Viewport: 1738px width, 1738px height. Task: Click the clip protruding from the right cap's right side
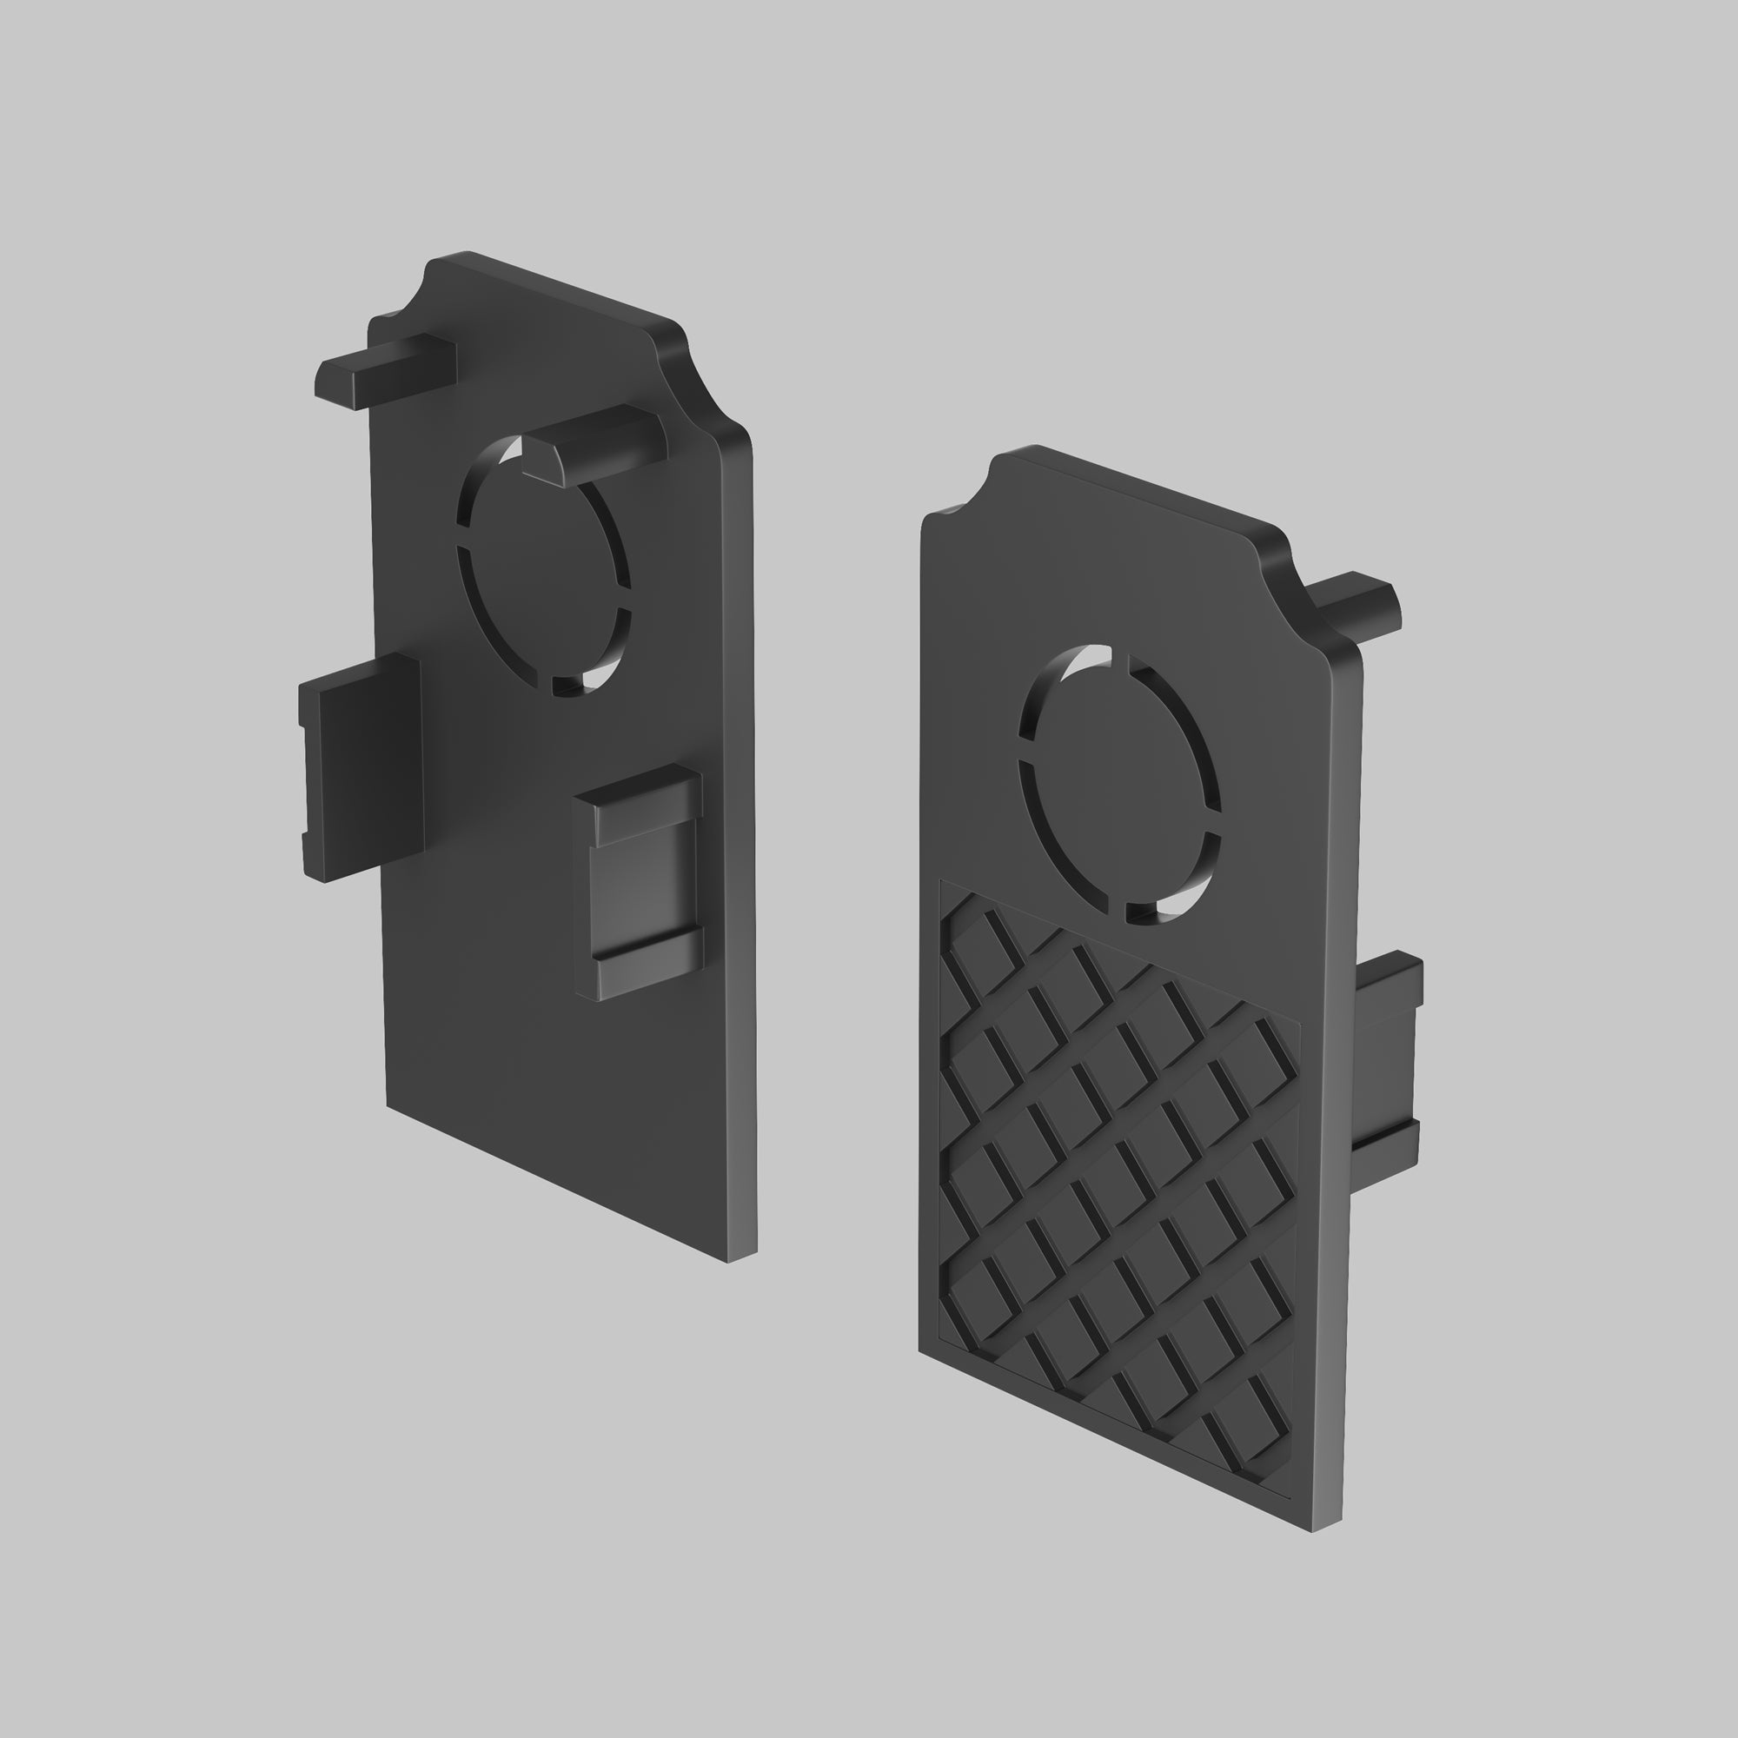coord(1385,1070)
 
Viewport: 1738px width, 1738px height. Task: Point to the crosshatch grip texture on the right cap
coord(1116,1170)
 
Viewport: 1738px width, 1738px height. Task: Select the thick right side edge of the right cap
coord(1340,1079)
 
